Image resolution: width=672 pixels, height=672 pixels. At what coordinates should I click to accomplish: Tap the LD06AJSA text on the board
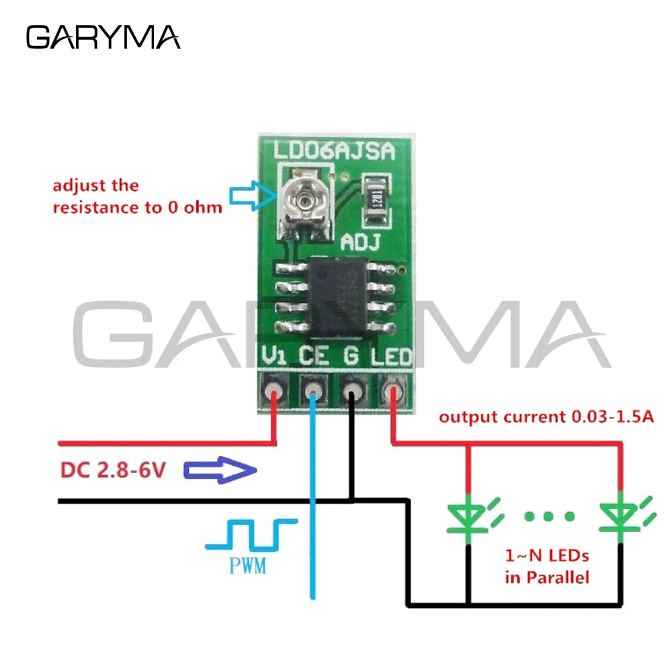(x=335, y=150)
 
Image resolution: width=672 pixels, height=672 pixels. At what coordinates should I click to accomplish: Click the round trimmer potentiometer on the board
(x=306, y=200)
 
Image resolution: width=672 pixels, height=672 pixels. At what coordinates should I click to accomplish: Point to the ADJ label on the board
(x=364, y=241)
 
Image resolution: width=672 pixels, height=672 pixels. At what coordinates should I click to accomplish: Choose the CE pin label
(x=313, y=354)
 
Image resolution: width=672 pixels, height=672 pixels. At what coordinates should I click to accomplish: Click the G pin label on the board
(x=351, y=354)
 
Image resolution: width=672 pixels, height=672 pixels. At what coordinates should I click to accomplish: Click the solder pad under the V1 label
(x=274, y=391)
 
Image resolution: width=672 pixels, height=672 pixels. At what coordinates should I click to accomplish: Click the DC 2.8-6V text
(x=113, y=470)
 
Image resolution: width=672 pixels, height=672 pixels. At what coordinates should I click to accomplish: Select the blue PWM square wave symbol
(x=252, y=534)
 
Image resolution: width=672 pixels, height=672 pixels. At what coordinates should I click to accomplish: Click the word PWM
(x=247, y=566)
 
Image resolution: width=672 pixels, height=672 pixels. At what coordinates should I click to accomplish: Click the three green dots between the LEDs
(x=550, y=516)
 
